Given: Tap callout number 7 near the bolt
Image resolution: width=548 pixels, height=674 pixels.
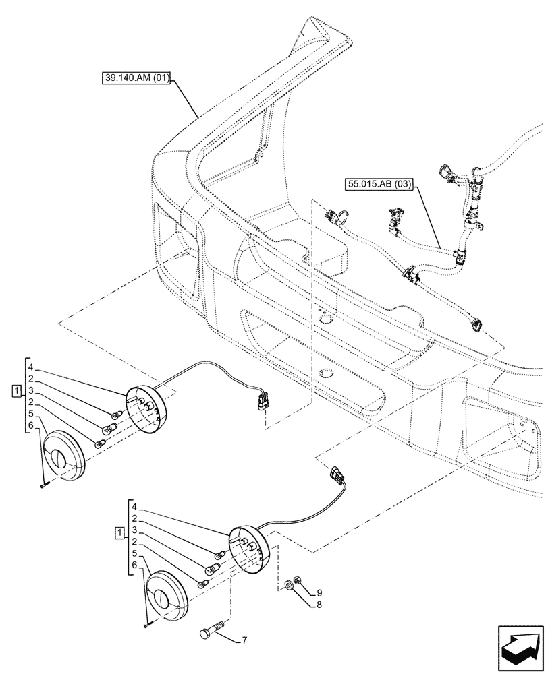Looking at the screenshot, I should coord(244,639).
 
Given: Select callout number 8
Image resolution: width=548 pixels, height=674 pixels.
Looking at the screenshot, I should coord(312,605).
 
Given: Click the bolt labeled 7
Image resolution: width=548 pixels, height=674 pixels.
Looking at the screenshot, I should coord(210,634).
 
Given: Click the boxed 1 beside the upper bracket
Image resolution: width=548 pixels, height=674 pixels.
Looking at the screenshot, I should coord(15,391).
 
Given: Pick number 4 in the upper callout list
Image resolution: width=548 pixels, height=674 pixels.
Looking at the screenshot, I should coord(31,368).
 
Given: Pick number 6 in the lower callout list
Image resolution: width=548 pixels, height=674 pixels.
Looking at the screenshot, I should coord(135,565).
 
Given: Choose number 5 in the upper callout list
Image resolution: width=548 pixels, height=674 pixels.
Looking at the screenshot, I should coord(31,414).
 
